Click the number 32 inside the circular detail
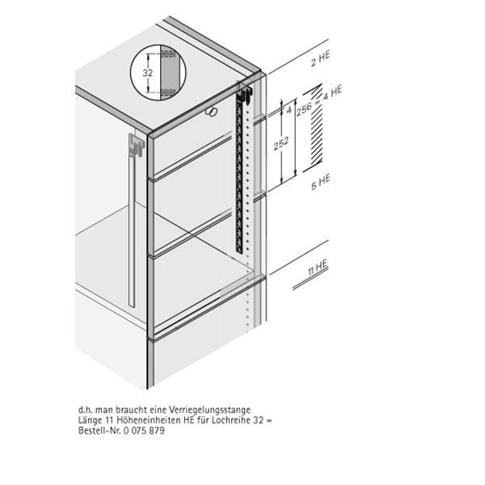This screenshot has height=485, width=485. click(x=147, y=72)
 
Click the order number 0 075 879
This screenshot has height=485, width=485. click(x=141, y=430)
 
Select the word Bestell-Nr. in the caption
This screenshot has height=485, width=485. click(x=94, y=430)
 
